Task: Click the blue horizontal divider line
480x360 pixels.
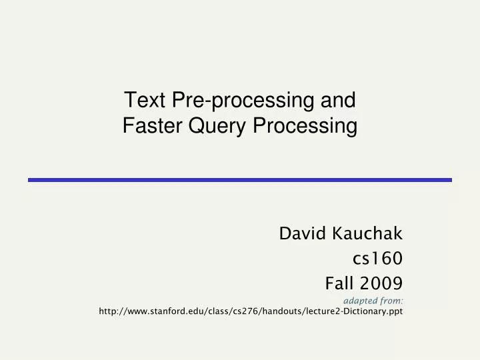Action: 239,179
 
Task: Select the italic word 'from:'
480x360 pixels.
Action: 394,301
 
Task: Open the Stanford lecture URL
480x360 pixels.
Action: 251,311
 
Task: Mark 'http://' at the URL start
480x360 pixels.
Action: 110,311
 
